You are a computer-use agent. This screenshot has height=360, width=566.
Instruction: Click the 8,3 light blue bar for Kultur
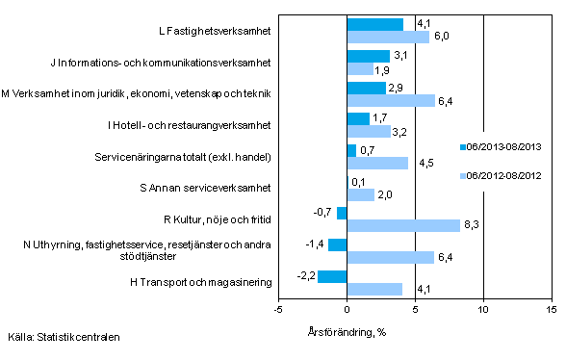click(403, 226)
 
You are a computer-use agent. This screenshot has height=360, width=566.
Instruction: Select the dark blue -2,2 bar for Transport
click(331, 277)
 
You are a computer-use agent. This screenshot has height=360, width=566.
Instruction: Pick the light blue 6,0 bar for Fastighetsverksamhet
click(387, 37)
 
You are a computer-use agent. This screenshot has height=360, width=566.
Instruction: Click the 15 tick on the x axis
click(551, 310)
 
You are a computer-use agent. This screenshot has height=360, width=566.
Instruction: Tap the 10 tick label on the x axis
click(482, 310)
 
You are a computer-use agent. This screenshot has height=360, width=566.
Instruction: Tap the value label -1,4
click(314, 245)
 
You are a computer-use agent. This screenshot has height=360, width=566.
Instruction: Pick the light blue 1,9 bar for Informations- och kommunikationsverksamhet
click(359, 68)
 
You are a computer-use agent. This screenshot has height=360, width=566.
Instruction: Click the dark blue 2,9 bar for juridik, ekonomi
click(366, 88)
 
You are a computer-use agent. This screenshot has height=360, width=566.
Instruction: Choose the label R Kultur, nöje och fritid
click(218, 219)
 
